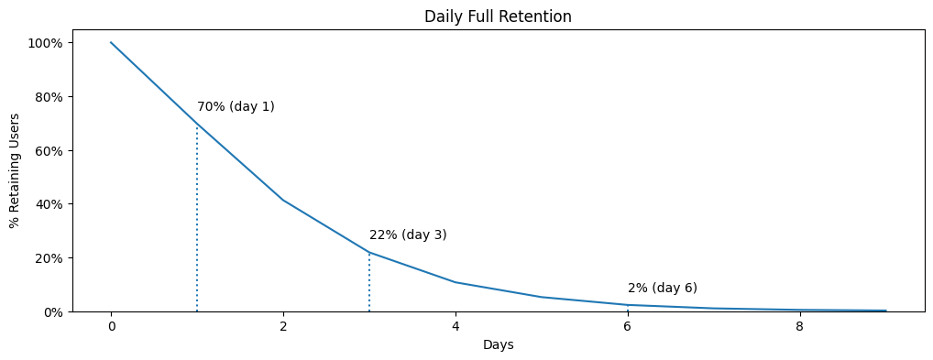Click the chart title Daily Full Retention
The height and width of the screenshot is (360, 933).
[x=498, y=16]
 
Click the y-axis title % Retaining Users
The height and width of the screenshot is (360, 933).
[x=15, y=170]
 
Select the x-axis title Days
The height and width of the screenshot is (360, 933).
[x=498, y=345]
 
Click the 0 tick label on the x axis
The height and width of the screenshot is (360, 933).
[x=111, y=327]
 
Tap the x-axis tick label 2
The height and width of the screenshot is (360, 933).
[x=283, y=327]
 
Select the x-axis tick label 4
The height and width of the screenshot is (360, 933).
[x=456, y=327]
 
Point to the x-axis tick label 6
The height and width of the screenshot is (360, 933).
[x=628, y=327]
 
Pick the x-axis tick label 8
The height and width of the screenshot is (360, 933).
[x=800, y=327]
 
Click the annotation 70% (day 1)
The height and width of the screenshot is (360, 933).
[x=236, y=107]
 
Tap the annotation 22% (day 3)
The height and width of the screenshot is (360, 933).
[x=408, y=235]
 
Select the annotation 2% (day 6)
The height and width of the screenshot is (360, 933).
[x=663, y=289]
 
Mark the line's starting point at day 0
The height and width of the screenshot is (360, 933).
[x=111, y=42]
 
